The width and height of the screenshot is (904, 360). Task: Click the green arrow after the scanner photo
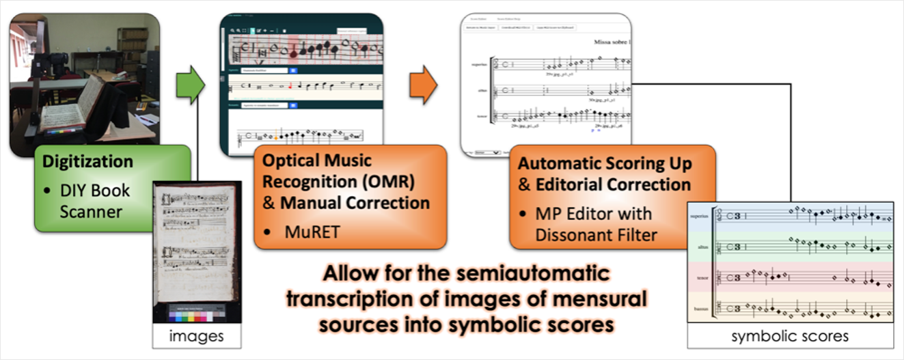point(190,85)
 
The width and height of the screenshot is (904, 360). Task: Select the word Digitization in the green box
point(87,162)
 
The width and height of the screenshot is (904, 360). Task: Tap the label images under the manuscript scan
point(196,336)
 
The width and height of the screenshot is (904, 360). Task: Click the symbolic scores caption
point(790,336)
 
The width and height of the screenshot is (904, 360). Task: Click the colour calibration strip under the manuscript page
point(196,311)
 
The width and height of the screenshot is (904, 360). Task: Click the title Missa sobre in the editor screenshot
point(612,43)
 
